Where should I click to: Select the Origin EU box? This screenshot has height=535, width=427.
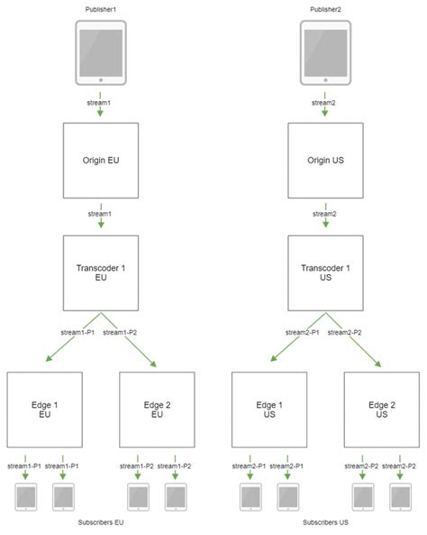(100, 160)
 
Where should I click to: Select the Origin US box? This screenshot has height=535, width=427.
(324, 160)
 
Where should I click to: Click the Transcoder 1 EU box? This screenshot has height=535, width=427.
(100, 272)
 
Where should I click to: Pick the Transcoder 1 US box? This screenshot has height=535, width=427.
(324, 272)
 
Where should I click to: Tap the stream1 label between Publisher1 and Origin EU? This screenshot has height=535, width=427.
(100, 103)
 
